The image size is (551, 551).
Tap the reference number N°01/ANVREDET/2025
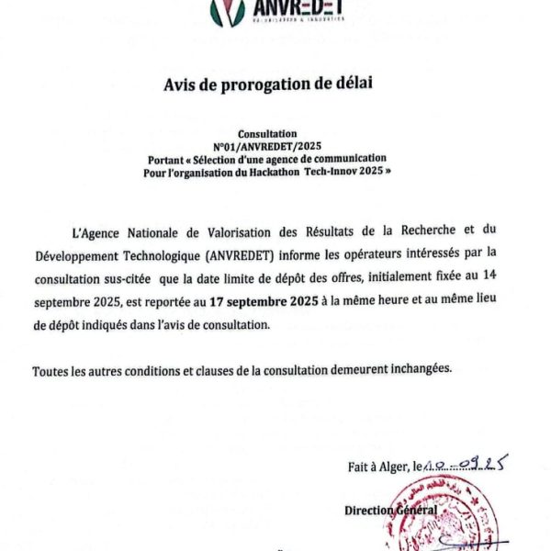(267, 146)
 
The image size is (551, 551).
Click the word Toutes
(51, 370)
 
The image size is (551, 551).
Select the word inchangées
(419, 370)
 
